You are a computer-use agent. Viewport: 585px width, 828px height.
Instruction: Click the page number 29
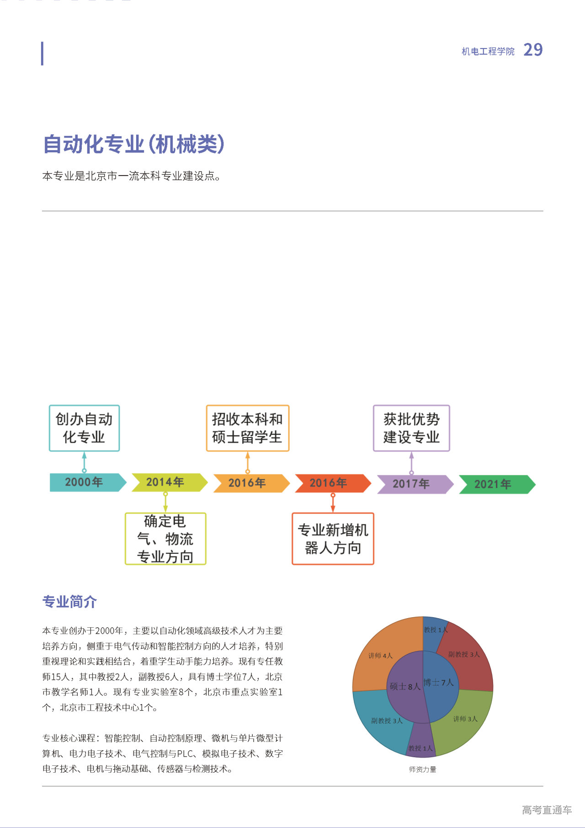pyautogui.click(x=533, y=50)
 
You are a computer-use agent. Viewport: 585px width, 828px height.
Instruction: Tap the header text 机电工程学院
pyautogui.click(x=488, y=52)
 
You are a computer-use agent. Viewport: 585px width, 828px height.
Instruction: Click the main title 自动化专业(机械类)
pyautogui.click(x=133, y=144)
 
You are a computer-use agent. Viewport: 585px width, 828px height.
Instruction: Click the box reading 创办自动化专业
pyautogui.click(x=84, y=428)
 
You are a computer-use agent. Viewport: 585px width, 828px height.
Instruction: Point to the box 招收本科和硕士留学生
pyautogui.click(x=247, y=428)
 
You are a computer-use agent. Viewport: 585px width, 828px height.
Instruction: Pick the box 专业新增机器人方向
pyautogui.click(x=333, y=539)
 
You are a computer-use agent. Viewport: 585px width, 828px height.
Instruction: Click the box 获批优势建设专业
pyautogui.click(x=411, y=428)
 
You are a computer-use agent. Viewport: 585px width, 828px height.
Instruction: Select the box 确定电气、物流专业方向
pyautogui.click(x=165, y=539)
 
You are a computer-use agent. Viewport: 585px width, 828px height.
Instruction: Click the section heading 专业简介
pyautogui.click(x=69, y=602)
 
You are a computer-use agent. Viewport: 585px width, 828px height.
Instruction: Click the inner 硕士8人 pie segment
pyautogui.click(x=404, y=686)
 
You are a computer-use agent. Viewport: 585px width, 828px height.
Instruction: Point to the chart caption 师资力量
pyautogui.click(x=422, y=769)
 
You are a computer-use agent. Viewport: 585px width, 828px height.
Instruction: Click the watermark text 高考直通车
pyautogui.click(x=547, y=810)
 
